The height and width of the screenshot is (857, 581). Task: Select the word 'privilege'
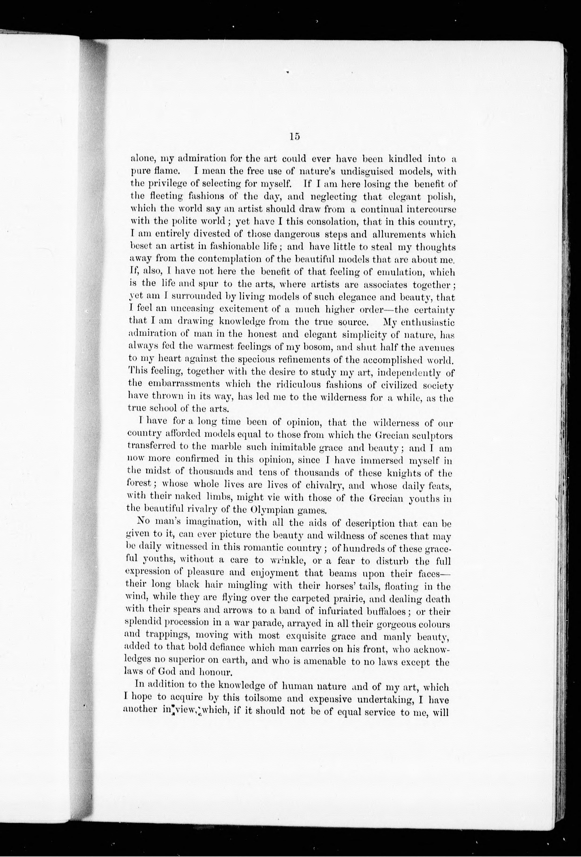click(163, 184)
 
